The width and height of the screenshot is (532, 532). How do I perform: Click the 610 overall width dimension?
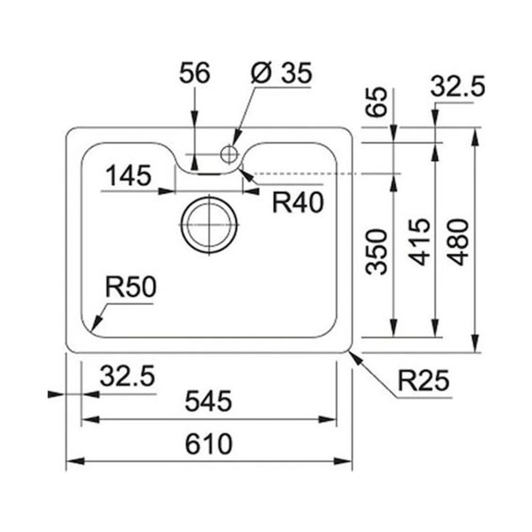coord(209,443)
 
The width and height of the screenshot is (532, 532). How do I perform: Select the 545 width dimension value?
coord(209,401)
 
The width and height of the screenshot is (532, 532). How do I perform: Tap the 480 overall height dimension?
coord(459,242)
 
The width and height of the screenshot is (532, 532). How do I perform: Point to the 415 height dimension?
coord(420,242)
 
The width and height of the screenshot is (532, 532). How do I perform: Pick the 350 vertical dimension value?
coord(377,252)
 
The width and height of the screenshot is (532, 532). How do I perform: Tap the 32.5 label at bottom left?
coord(127,377)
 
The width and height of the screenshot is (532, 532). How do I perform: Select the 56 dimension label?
coord(195,74)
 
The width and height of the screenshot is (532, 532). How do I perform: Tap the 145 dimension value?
coord(128,176)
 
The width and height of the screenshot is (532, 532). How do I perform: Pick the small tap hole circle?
coord(229,153)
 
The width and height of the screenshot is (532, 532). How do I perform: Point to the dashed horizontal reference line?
coord(319,174)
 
